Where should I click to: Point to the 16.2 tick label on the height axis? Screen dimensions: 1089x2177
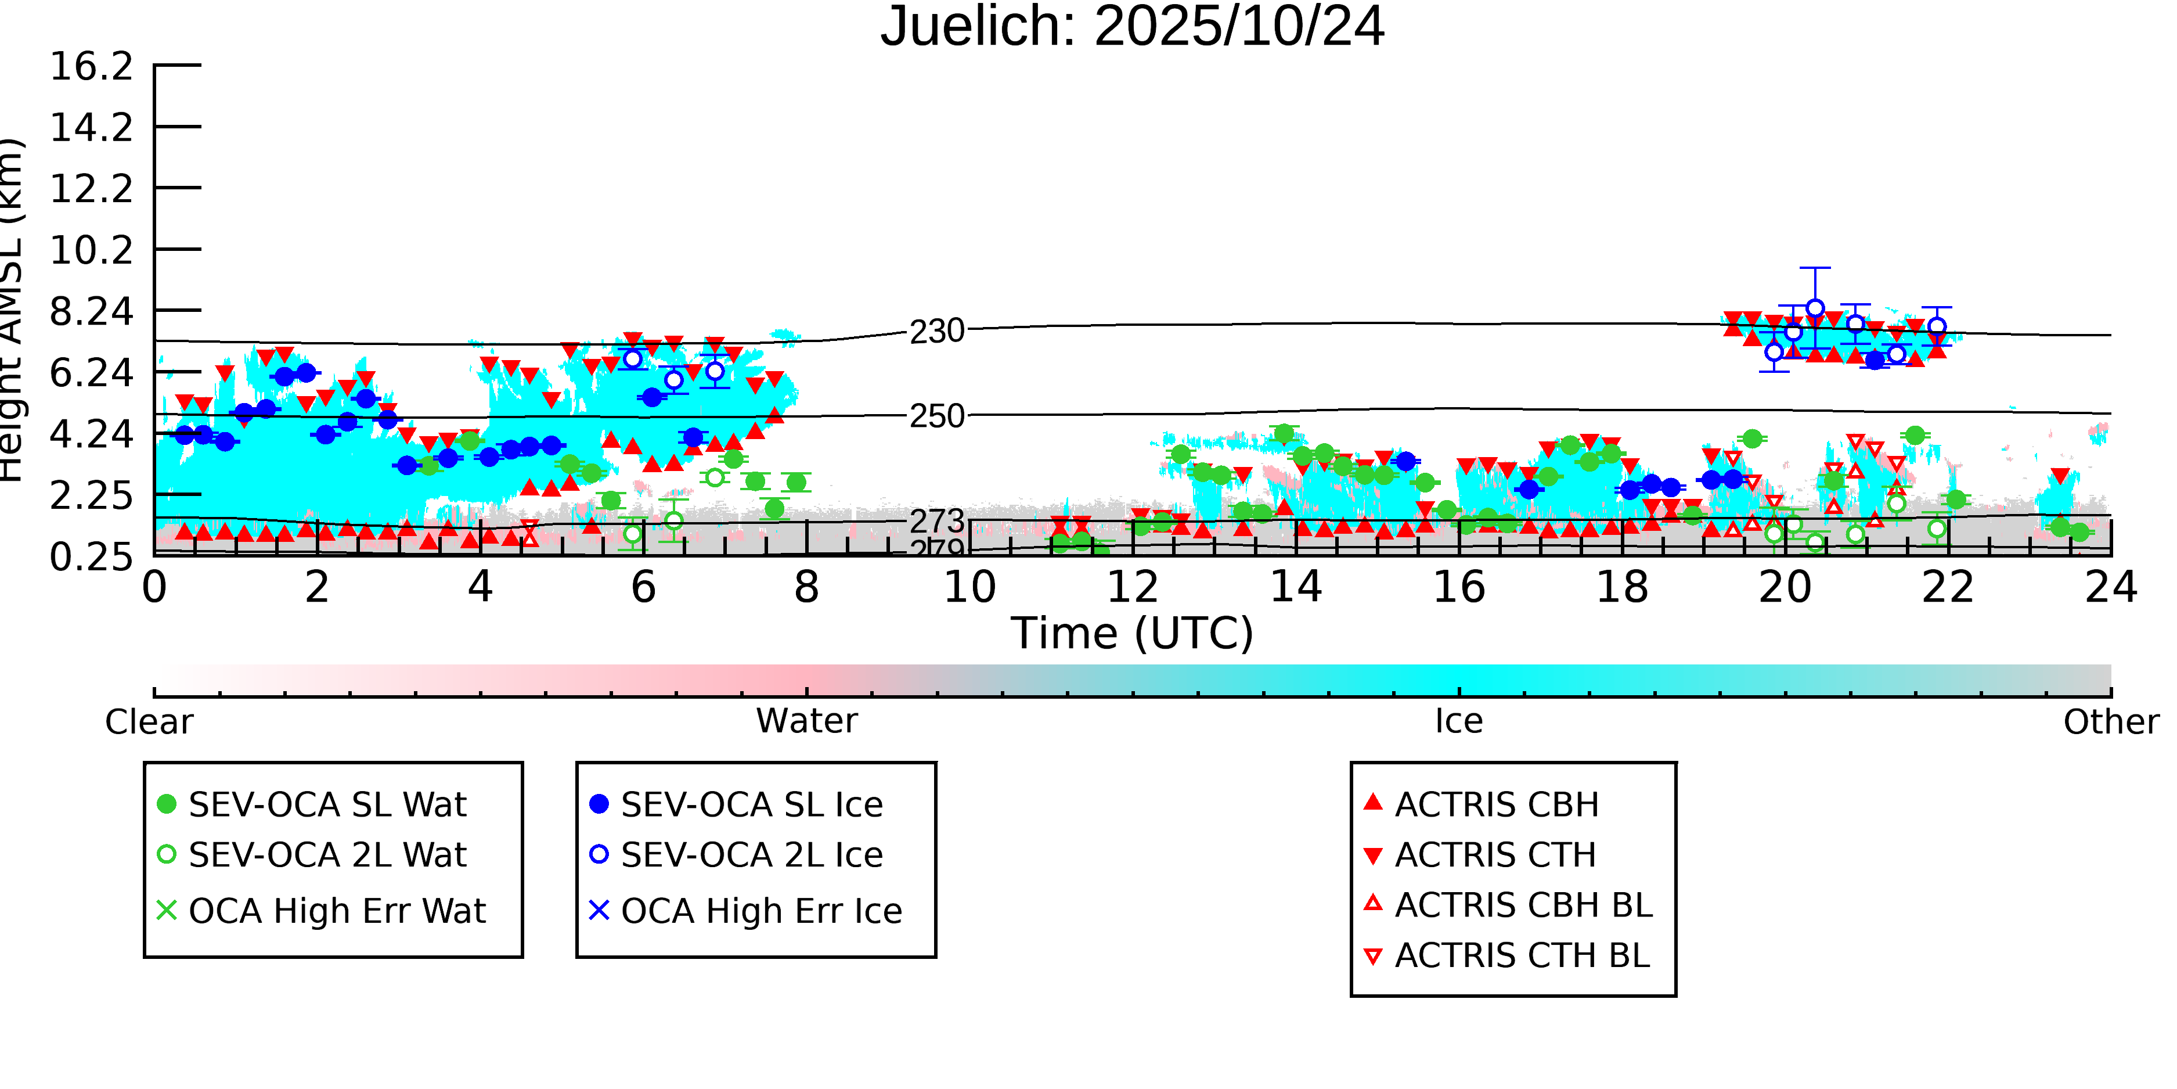tap(91, 67)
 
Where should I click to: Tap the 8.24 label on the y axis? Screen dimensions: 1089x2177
tap(91, 312)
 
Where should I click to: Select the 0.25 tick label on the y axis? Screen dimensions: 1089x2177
tap(91, 557)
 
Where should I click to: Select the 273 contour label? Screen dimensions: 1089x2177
tap(936, 521)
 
